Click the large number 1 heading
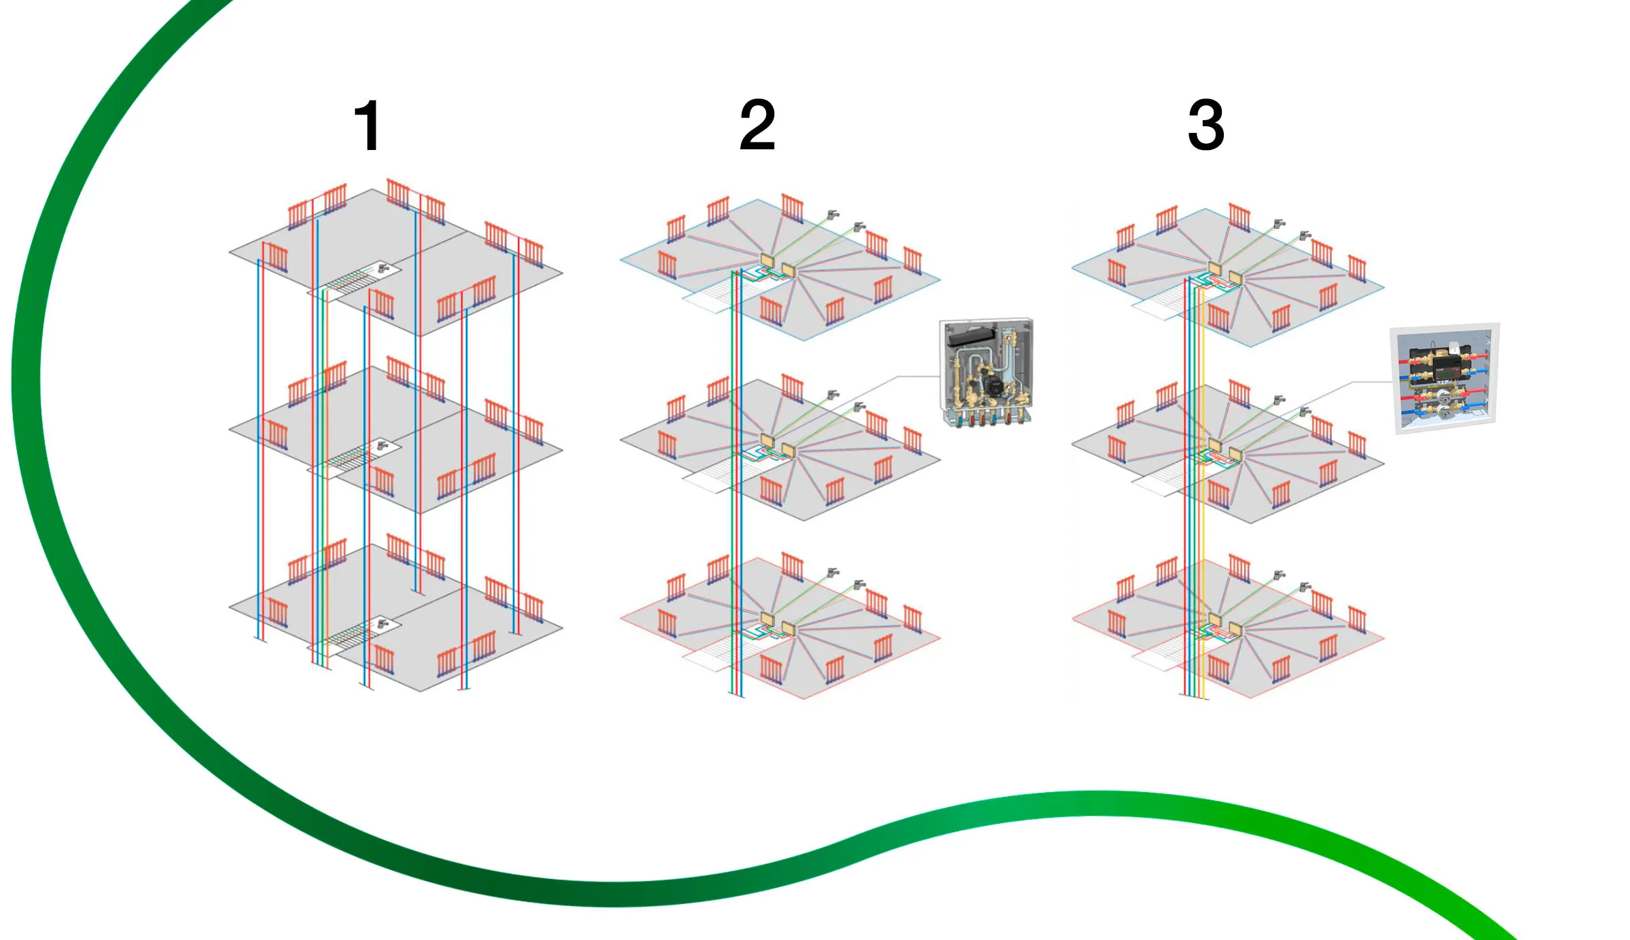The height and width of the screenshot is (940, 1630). pos(368,126)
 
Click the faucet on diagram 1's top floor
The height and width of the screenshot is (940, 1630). pos(384,268)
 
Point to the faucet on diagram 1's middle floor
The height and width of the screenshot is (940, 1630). pos(383,445)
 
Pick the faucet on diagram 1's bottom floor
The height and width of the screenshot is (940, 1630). pos(383,623)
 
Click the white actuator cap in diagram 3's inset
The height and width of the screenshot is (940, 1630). pos(1454,348)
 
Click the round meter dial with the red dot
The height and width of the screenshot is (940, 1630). pos(1443,396)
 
